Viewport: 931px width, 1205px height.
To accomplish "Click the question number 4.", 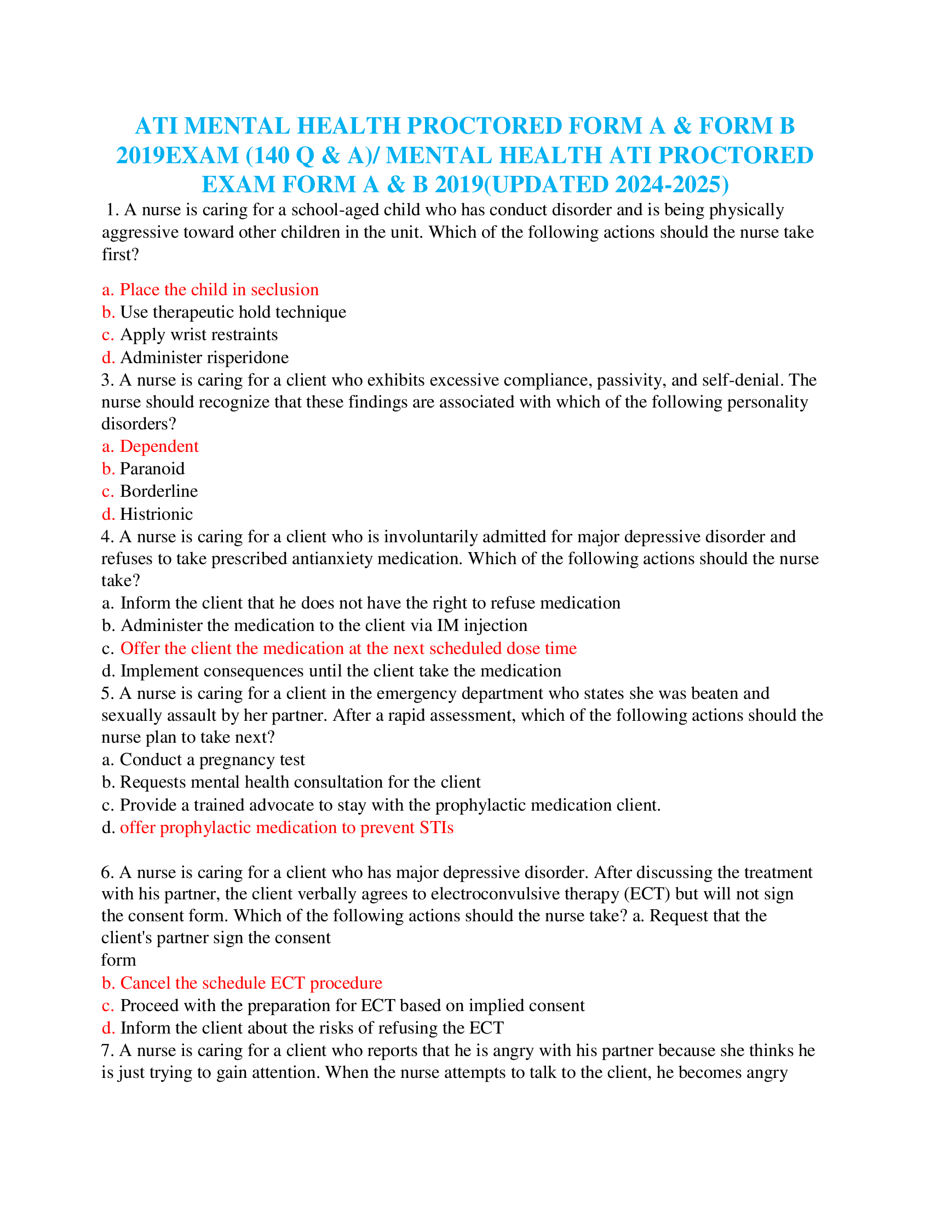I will tap(106, 537).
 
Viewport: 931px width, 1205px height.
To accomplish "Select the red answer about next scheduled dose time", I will tap(348, 649).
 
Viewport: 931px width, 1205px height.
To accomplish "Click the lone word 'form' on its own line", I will tap(119, 961).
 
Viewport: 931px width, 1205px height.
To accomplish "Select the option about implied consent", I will tap(352, 1006).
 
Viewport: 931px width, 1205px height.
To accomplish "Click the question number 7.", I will tap(106, 1051).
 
